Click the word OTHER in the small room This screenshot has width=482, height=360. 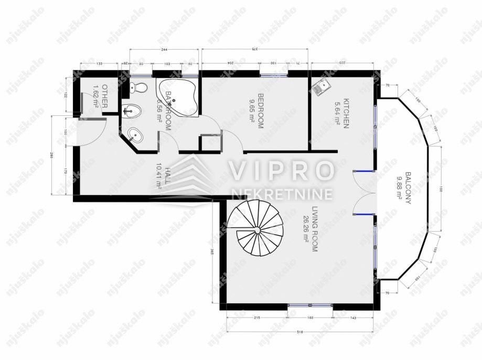pos(105,96)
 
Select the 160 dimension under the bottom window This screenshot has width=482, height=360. pos(310,318)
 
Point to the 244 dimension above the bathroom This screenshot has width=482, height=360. pos(164,49)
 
